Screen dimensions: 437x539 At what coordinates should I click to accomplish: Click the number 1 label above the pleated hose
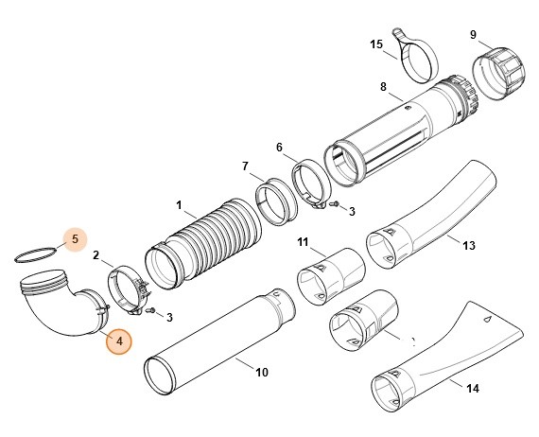[179, 204]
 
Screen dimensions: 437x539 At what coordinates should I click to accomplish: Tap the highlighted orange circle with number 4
[119, 340]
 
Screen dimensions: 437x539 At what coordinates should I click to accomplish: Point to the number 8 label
[383, 88]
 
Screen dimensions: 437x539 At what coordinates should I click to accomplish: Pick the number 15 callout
[376, 44]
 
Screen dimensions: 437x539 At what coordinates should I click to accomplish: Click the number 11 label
[304, 243]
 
